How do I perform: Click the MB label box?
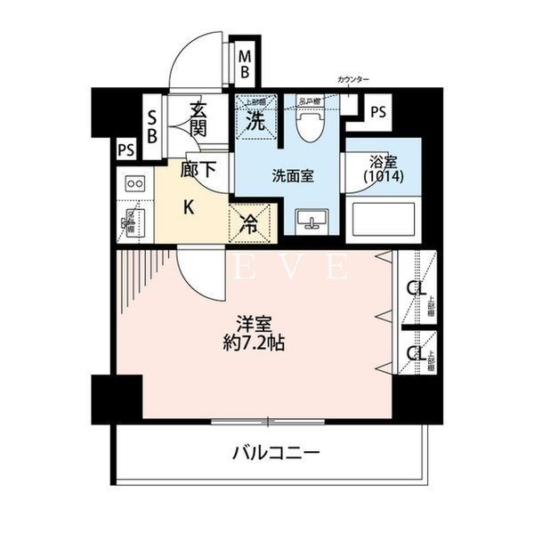click(245, 63)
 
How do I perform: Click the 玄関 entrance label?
click(198, 121)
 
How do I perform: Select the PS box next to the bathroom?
click(378, 112)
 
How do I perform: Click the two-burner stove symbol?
click(136, 184)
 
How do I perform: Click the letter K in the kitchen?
click(188, 208)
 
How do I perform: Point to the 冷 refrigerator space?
click(250, 222)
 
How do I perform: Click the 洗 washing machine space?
click(255, 121)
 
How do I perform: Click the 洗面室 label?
click(293, 175)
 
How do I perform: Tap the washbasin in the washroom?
click(311, 219)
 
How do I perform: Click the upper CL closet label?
click(415, 288)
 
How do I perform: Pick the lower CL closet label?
click(415, 353)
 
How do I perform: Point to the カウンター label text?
click(352, 80)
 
